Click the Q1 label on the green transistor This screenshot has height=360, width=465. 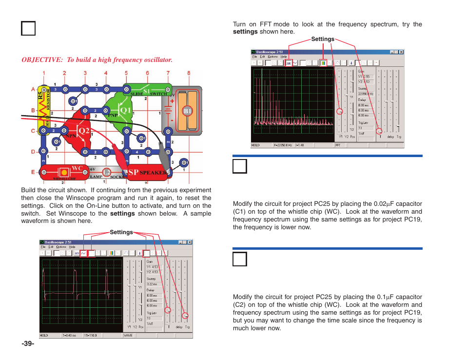tap(125, 111)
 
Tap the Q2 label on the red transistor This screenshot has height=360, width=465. tap(84, 131)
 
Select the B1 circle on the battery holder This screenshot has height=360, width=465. tap(188, 111)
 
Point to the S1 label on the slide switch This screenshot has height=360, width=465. tap(147, 91)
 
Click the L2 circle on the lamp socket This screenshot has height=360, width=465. tap(107, 172)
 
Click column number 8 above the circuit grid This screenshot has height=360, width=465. tap(189, 74)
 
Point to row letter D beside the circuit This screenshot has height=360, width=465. tap(33, 152)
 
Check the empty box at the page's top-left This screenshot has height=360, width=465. tap(28, 28)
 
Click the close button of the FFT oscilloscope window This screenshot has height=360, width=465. tap(401, 52)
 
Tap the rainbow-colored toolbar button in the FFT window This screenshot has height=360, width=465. tap(323, 62)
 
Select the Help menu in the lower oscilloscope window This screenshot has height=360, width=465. tap(72, 247)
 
